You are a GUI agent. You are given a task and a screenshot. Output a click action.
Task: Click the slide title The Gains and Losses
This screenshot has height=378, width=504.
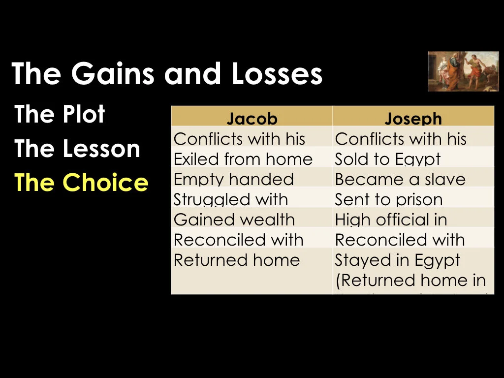pyautogui.click(x=167, y=73)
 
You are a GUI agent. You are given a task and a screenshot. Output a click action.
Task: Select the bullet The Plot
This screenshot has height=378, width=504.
pyautogui.click(x=60, y=115)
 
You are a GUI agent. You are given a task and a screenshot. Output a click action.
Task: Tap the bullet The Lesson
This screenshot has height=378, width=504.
pyautogui.click(x=77, y=149)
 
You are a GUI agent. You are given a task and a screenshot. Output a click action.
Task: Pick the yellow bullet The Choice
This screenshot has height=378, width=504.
pyautogui.click(x=81, y=182)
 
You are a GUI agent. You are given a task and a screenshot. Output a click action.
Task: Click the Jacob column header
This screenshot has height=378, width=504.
pyautogui.click(x=252, y=119)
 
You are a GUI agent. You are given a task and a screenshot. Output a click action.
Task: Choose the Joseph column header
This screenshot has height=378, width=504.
pyautogui.click(x=413, y=119)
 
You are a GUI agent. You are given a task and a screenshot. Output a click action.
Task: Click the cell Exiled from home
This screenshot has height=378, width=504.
pyautogui.click(x=243, y=159)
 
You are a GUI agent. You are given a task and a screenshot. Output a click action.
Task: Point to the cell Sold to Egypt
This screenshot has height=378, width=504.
pyautogui.click(x=387, y=159)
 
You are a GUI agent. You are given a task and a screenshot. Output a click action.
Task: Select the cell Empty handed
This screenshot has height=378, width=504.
pyautogui.click(x=234, y=179)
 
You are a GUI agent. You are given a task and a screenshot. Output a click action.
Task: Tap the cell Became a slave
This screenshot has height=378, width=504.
pyautogui.click(x=400, y=179)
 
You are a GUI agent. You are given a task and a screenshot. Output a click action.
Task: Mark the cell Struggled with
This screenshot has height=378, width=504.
pyautogui.click(x=231, y=199)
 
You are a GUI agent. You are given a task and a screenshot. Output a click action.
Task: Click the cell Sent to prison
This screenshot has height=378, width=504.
pyautogui.click(x=388, y=199)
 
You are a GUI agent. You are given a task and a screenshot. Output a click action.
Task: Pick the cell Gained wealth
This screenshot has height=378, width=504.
pyautogui.click(x=234, y=220)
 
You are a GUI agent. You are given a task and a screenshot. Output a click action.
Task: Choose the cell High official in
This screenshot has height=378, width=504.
pyautogui.click(x=391, y=220)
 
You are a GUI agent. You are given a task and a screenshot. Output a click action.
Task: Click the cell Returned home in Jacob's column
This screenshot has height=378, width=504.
pyautogui.click(x=237, y=260)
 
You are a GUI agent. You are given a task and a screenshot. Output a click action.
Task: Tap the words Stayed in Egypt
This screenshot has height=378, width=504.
pyautogui.click(x=398, y=260)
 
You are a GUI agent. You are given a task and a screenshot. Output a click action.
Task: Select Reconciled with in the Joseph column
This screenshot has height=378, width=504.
pyautogui.click(x=400, y=240)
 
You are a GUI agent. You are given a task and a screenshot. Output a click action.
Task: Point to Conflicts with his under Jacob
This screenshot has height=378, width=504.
pyautogui.click(x=240, y=139)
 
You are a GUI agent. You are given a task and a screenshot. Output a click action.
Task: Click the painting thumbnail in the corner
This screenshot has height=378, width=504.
pyautogui.click(x=463, y=71)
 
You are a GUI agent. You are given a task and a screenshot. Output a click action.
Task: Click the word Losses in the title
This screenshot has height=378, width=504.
pyautogui.click(x=280, y=73)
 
